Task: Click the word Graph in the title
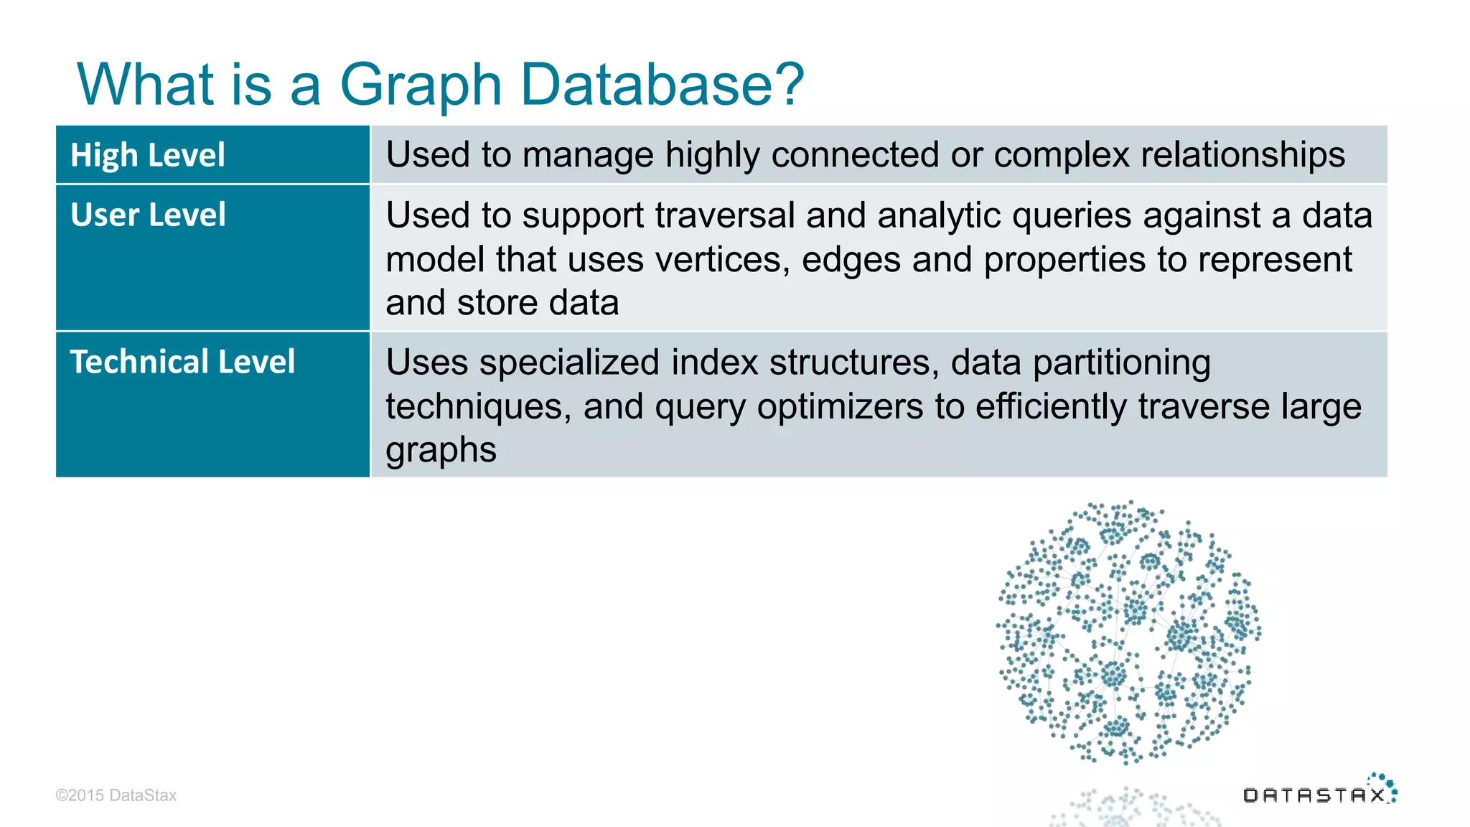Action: click(420, 85)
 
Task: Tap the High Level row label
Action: click(148, 155)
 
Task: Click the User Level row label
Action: click(148, 215)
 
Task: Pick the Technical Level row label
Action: click(182, 362)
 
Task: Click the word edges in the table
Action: click(851, 259)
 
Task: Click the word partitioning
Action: click(1121, 363)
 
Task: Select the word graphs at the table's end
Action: click(441, 451)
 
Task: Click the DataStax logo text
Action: click(1314, 795)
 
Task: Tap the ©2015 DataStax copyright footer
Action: click(116, 795)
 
